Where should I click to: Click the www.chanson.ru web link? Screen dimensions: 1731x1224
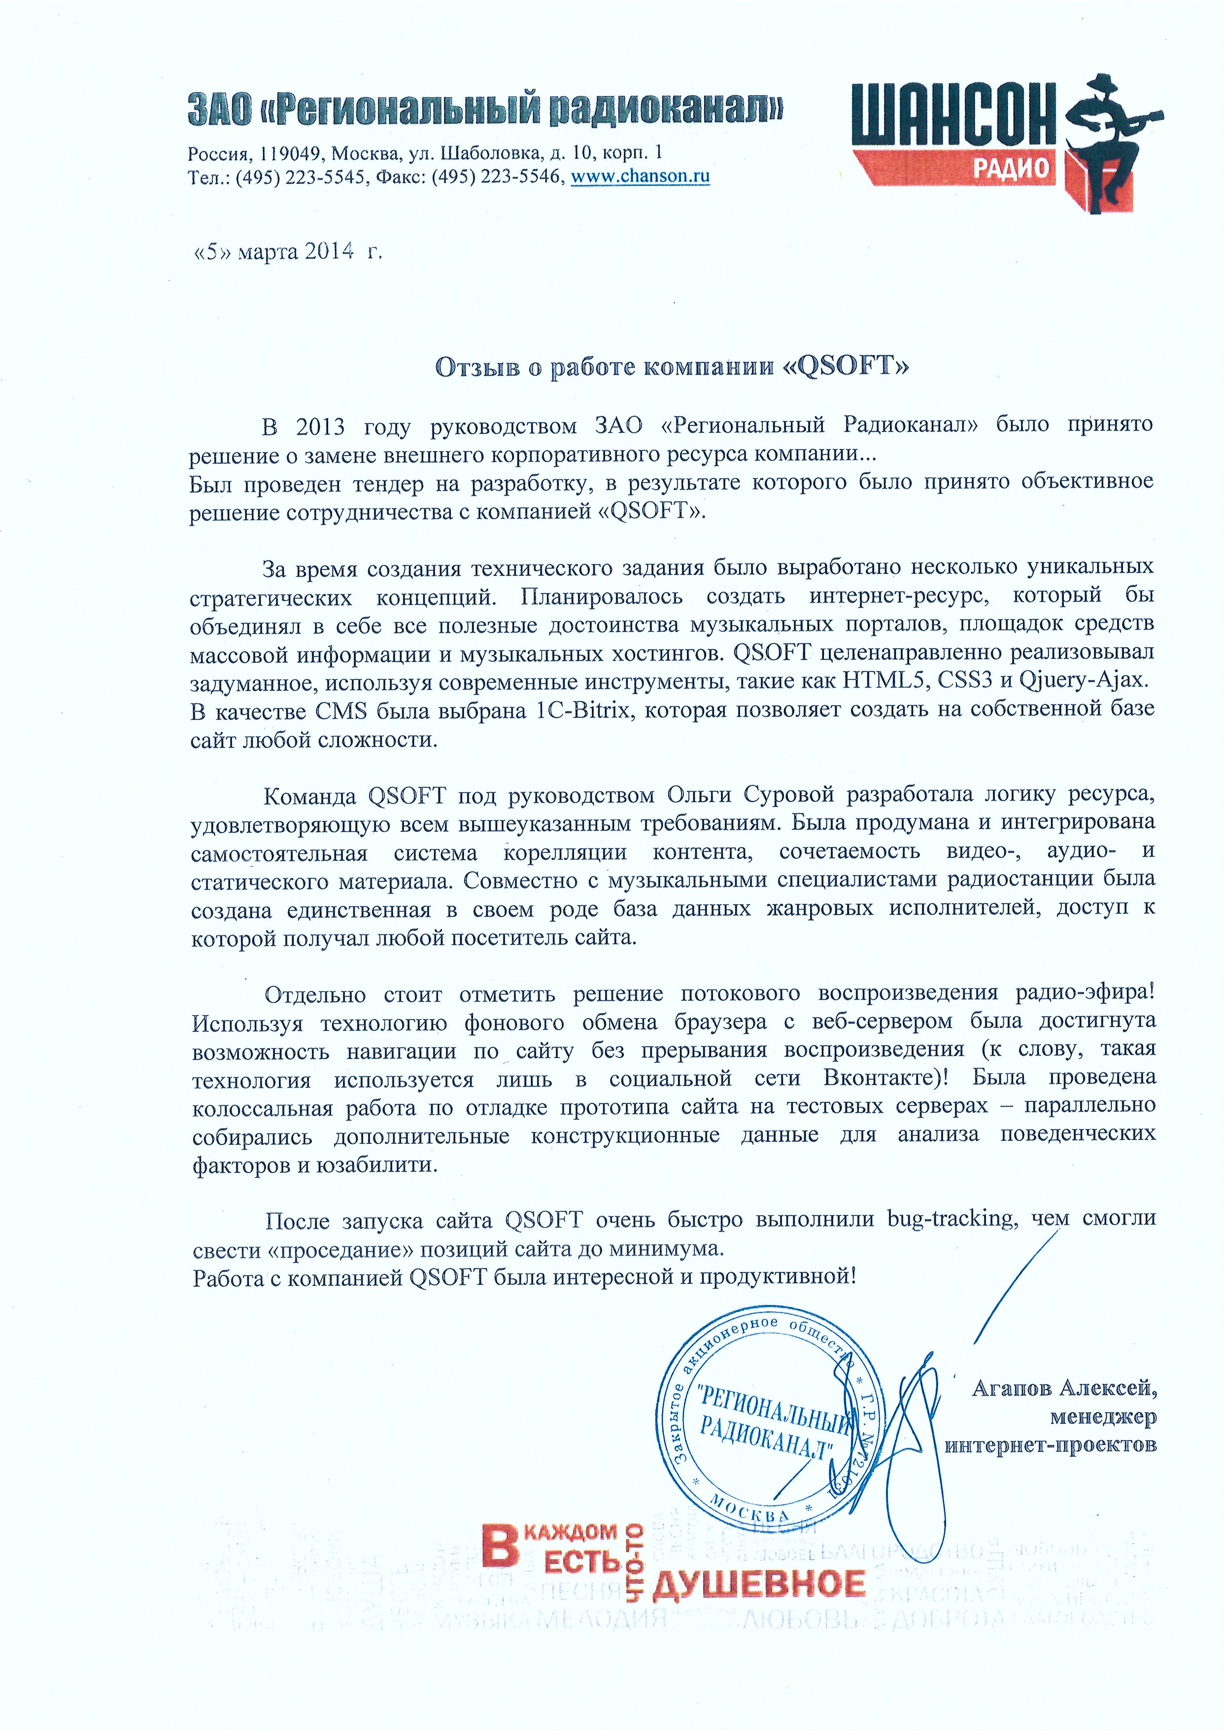[640, 177]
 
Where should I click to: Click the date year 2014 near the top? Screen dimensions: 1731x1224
[329, 251]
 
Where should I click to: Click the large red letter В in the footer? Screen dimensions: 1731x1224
[500, 1546]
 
